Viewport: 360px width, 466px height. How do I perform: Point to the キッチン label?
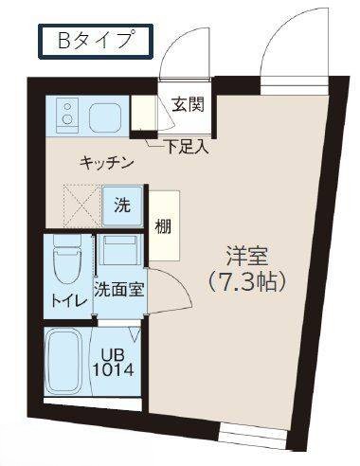pos(105,162)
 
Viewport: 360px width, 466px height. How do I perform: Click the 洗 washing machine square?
pos(121,206)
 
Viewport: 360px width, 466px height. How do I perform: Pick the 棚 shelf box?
pos(165,226)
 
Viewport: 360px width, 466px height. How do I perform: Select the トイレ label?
pos(67,301)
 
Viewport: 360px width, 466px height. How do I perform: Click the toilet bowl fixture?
pos(66,264)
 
